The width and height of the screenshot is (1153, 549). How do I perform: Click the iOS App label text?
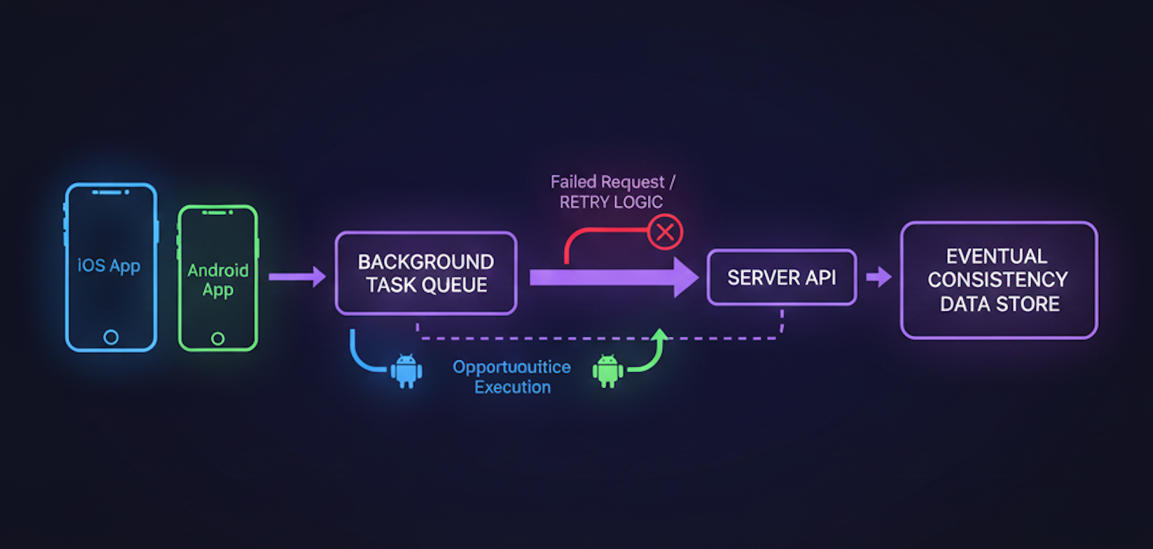109,265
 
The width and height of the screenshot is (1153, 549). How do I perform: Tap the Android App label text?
218,279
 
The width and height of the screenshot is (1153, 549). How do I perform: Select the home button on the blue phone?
111,337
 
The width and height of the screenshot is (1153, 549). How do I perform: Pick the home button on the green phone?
218,338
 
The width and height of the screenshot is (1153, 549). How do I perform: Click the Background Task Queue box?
425,273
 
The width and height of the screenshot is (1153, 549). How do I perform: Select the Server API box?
782,277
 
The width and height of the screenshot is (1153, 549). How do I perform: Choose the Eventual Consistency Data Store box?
998,280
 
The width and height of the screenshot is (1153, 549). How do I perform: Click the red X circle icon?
665,232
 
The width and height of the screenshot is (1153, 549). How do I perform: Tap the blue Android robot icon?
406,371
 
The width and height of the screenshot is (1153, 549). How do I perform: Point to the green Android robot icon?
608,371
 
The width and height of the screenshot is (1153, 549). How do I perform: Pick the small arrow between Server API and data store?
879,277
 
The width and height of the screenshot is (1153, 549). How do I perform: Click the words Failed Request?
607,182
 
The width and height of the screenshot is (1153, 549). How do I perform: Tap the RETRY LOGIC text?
611,202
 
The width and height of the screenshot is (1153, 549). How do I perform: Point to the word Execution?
512,387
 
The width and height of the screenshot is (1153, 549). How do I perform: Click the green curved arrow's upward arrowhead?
660,335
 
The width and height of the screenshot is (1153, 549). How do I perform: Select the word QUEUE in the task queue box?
457,285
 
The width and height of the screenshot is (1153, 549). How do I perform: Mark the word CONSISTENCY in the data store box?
998,279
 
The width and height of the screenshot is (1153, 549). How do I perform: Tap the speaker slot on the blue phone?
107,192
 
